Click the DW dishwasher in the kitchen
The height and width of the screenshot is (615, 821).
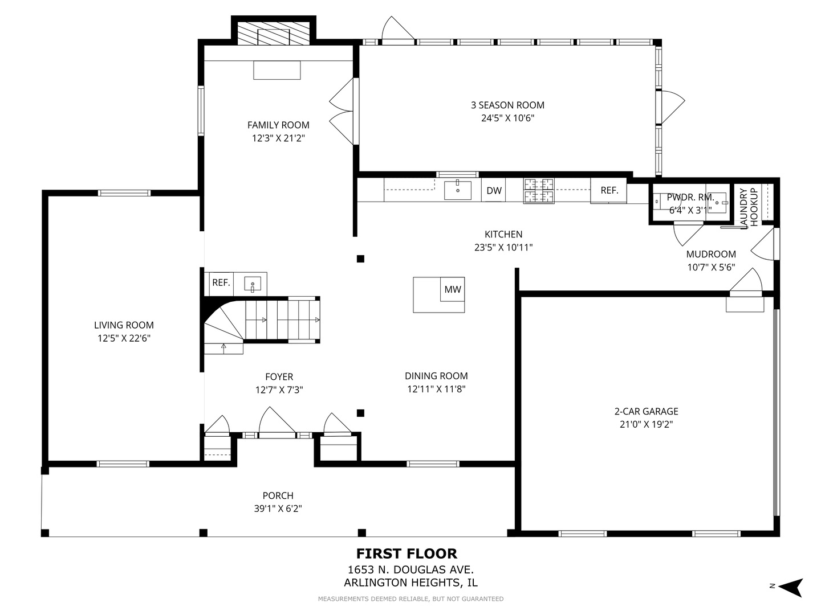(x=493, y=190)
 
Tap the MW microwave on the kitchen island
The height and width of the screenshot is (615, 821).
(x=452, y=289)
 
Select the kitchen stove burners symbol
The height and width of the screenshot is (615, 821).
(x=539, y=190)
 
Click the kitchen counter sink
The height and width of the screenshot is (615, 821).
(x=457, y=190)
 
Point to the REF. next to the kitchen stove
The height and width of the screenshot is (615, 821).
(x=609, y=190)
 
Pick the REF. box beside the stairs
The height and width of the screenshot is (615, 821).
(x=221, y=282)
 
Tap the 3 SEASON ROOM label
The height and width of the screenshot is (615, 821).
(x=507, y=105)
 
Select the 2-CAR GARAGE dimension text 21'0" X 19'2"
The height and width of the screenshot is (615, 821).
(x=646, y=424)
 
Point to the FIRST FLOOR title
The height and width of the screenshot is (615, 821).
(x=407, y=553)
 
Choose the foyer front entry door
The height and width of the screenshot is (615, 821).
(x=277, y=421)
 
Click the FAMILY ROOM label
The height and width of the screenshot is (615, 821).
(x=278, y=125)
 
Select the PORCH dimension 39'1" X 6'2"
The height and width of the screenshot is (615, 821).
(x=278, y=509)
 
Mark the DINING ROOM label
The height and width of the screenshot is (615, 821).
(x=436, y=376)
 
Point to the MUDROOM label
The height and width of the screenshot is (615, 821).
(x=710, y=255)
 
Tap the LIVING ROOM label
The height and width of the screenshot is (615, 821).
(x=124, y=325)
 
